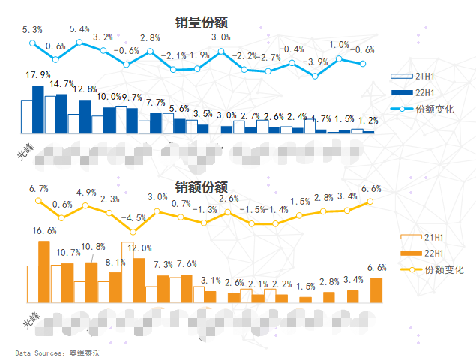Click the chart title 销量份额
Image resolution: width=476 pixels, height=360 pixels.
click(x=201, y=22)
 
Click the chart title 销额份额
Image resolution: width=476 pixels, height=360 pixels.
click(x=201, y=187)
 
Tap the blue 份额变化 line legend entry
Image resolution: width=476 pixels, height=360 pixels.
click(x=423, y=109)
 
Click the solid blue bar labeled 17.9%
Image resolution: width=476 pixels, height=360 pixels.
click(x=38, y=109)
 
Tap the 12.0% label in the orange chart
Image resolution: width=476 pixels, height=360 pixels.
click(x=139, y=247)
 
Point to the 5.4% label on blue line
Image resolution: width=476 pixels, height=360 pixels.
click(x=79, y=29)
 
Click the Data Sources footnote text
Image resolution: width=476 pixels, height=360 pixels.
click(x=57, y=352)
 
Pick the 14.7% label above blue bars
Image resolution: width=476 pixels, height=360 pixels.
click(x=61, y=84)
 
